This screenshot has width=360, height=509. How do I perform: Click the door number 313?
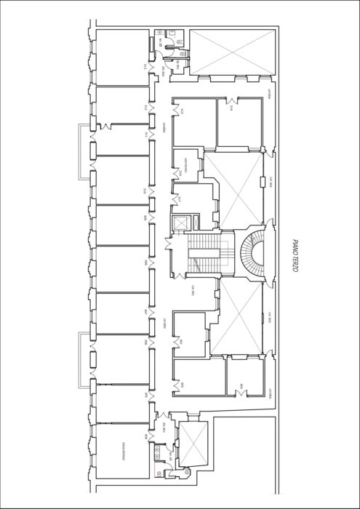pos(146,68)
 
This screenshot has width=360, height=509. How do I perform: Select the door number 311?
pos(146,135)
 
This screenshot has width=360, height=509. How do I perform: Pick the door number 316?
pos(231,109)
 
